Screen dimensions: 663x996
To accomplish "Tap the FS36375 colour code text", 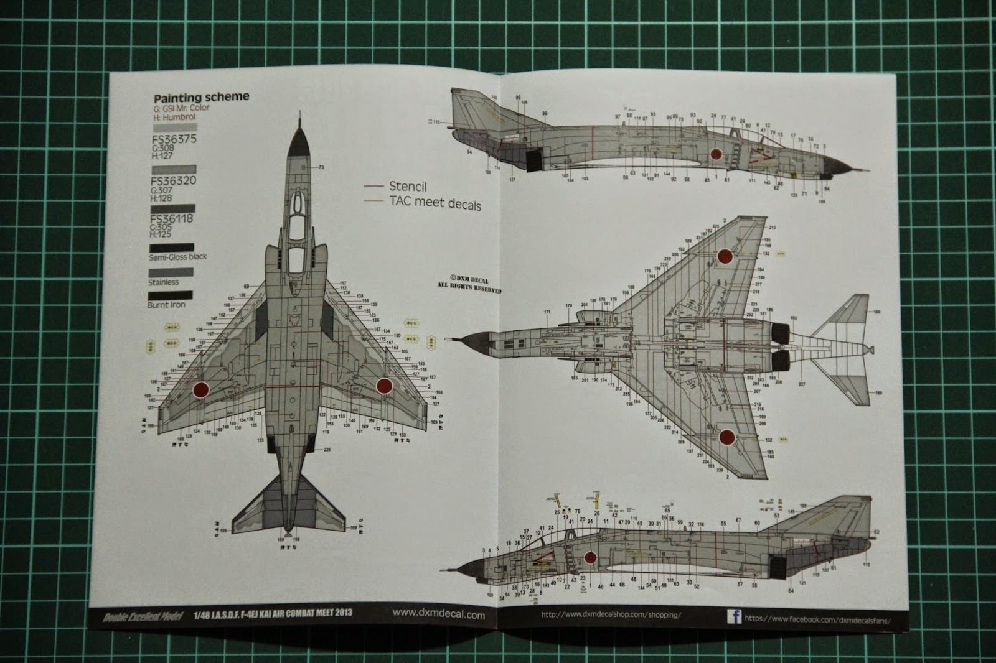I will [x=173, y=139].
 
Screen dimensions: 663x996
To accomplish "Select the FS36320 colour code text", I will [x=173, y=182].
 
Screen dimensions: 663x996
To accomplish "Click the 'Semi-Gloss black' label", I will [x=177, y=257].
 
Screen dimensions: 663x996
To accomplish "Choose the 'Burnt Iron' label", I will [x=166, y=305].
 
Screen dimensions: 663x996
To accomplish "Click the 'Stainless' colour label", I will [x=163, y=282].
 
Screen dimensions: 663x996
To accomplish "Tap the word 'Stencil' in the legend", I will [x=408, y=186].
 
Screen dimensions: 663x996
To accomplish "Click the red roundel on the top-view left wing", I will [x=200, y=389].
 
